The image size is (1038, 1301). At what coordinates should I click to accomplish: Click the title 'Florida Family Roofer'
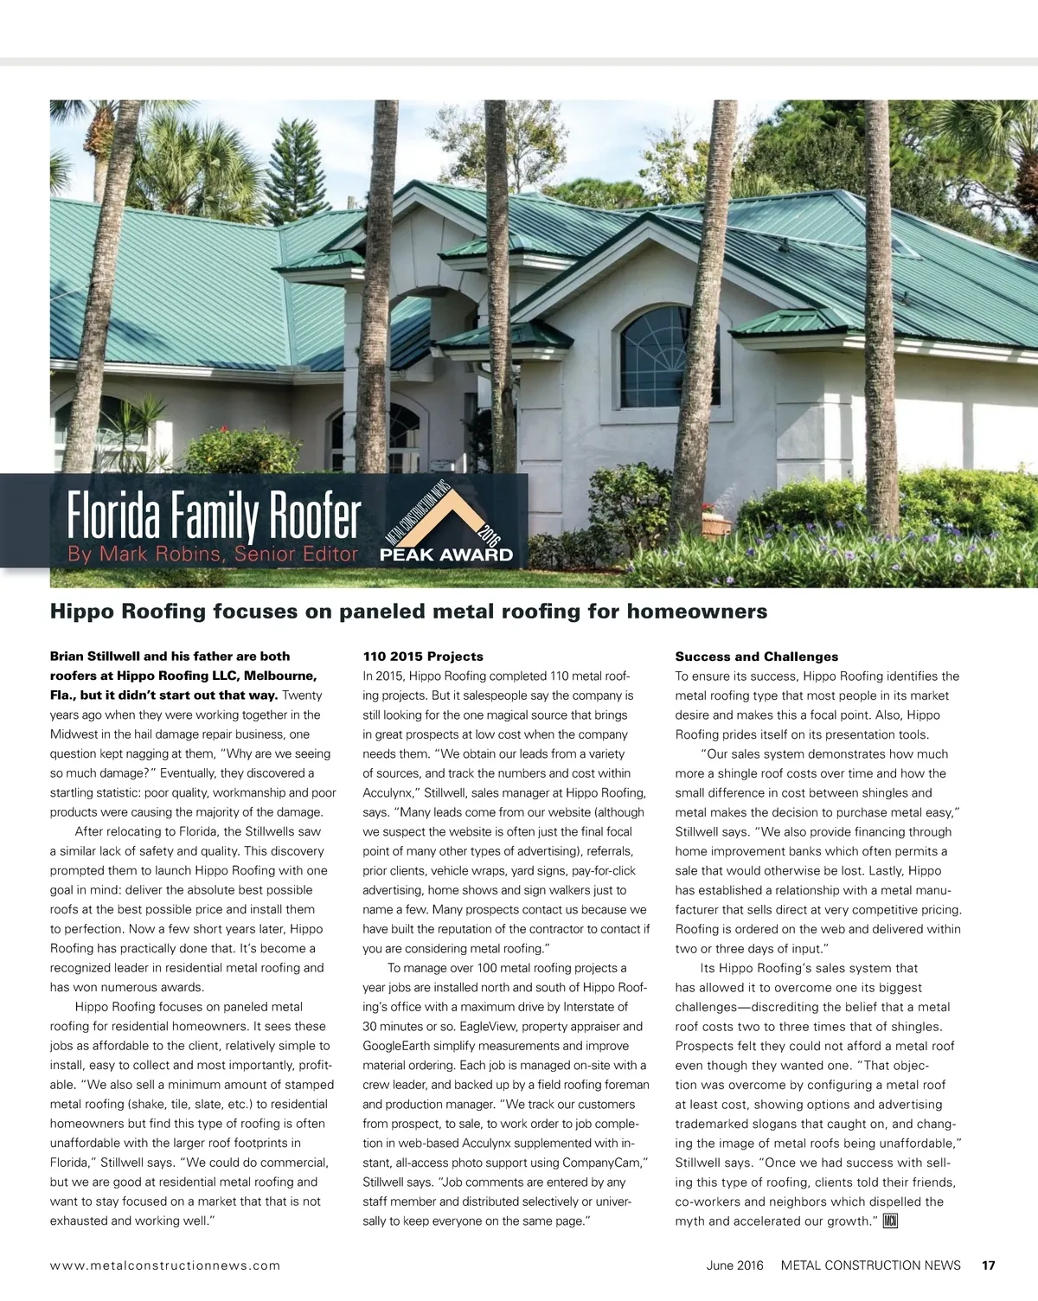tap(214, 517)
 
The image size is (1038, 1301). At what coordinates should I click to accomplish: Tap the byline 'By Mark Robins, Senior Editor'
tap(213, 554)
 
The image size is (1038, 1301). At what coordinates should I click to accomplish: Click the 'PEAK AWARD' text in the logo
tap(446, 555)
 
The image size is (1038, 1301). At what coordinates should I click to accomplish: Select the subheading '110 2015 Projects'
tap(423, 657)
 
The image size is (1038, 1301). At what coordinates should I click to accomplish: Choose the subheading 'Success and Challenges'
tap(757, 657)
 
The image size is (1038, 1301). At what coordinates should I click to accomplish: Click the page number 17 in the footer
tap(988, 1265)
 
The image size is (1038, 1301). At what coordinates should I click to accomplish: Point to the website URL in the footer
tap(165, 1266)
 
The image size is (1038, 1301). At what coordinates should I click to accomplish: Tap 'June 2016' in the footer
tap(734, 1265)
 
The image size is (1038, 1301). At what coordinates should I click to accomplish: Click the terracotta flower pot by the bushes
tap(717, 525)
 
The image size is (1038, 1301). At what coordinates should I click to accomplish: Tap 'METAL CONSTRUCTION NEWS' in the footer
tap(870, 1265)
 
